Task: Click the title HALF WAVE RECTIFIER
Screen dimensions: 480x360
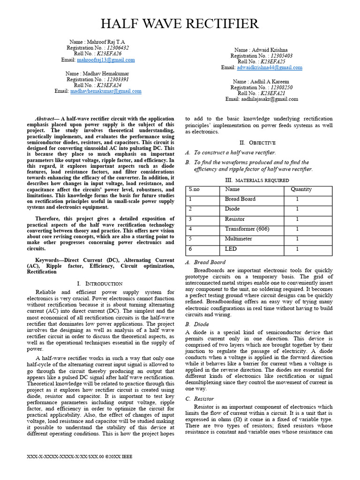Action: pos(180,23)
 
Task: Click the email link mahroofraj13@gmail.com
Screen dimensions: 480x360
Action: pos(106,60)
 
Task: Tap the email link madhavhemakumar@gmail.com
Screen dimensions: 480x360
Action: pos(106,91)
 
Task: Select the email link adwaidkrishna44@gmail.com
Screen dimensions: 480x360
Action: pos(270,67)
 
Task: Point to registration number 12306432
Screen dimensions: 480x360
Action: pos(118,48)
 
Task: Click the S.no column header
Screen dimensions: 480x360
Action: pos(195,189)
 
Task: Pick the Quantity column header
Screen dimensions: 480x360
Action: pos(301,189)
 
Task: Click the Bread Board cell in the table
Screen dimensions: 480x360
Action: pos(240,199)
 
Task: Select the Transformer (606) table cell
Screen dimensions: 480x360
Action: pos(247,229)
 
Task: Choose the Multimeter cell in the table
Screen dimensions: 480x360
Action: pos(238,239)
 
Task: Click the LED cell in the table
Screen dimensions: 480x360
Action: pos(231,249)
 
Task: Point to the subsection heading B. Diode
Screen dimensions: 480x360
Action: pos(197,324)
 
